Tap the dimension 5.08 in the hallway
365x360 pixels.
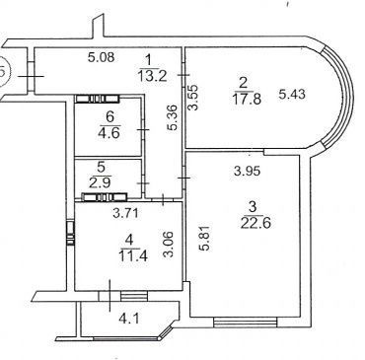pos(102,57)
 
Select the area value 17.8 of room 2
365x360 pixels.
pos(247,99)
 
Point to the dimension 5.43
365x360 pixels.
pos(292,95)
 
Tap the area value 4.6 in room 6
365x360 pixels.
pos(110,133)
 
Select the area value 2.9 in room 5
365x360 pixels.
pos(102,182)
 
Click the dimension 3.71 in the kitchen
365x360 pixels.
pos(126,213)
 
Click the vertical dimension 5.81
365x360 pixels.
pos(205,238)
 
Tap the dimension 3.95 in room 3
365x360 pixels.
pos(247,171)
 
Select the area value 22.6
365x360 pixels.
pos(255,223)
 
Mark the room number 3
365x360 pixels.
pos(253,208)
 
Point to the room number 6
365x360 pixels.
pos(109,116)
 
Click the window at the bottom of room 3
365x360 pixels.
pos(246,322)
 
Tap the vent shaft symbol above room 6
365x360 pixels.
pos(97,99)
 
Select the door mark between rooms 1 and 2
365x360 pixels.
pos(182,75)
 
